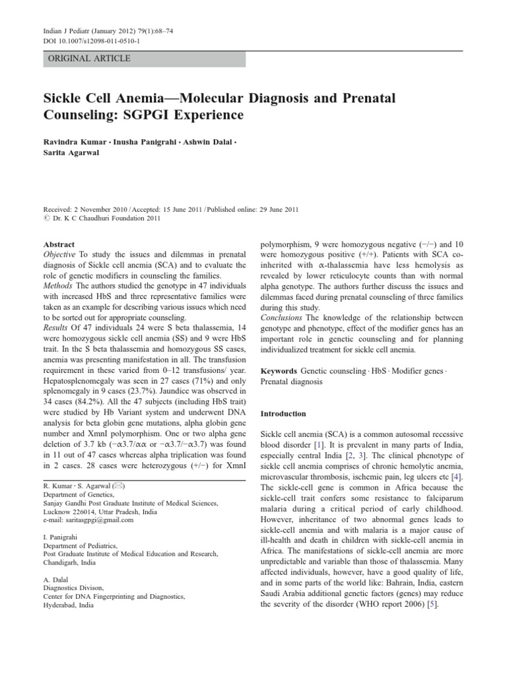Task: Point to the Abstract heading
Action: coord(59,244)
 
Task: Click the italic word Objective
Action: coord(61,254)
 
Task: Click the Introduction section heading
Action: coord(283,414)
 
